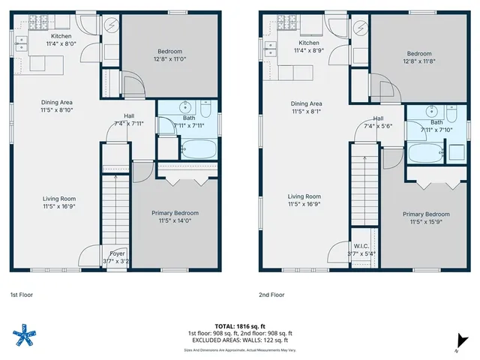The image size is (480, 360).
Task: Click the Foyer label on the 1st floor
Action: tap(117, 253)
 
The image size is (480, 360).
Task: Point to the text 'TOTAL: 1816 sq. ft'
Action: tap(239, 326)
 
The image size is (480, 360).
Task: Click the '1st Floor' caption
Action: tap(21, 295)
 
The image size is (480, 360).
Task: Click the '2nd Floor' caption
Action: tap(271, 295)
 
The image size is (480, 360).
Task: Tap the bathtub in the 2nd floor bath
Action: tap(424, 154)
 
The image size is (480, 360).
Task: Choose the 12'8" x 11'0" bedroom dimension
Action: tap(169, 60)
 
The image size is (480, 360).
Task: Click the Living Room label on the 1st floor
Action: tap(58, 199)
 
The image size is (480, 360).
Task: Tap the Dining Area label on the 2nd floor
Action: tap(306, 103)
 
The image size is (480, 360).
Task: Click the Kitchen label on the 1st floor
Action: tap(61, 36)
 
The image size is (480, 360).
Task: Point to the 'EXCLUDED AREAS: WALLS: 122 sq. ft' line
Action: tap(239, 340)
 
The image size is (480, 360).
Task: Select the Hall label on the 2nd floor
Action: tap(378, 118)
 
